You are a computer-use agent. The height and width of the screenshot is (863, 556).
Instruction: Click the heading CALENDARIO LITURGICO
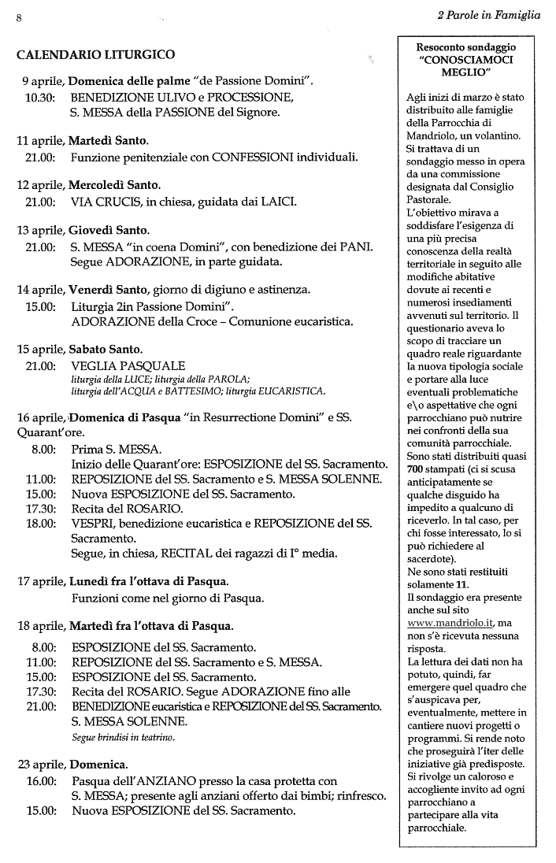click(95, 55)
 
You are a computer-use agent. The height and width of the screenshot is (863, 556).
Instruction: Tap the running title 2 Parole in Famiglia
click(488, 13)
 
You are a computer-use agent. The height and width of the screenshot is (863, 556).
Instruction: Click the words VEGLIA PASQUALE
click(128, 366)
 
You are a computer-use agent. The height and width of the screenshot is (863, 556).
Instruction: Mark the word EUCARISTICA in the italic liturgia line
click(284, 391)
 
